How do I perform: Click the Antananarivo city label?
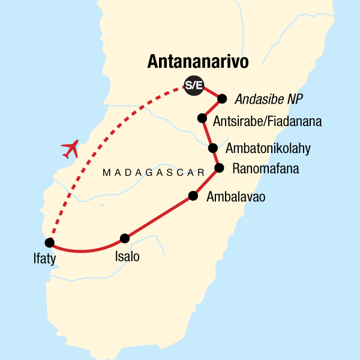[197, 62]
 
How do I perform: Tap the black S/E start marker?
[193, 86]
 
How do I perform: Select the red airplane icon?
[70, 148]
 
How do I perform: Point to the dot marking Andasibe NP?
[222, 99]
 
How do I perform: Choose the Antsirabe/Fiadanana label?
[268, 122]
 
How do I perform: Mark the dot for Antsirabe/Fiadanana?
[203, 119]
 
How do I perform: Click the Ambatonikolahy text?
[268, 148]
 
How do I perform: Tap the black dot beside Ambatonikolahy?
[212, 148]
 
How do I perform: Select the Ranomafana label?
[262, 169]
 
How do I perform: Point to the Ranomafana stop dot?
[220, 168]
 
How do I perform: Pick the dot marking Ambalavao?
[193, 196]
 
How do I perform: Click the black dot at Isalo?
[125, 238]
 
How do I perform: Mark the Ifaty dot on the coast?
[49, 243]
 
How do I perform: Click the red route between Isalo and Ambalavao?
[159, 218]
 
